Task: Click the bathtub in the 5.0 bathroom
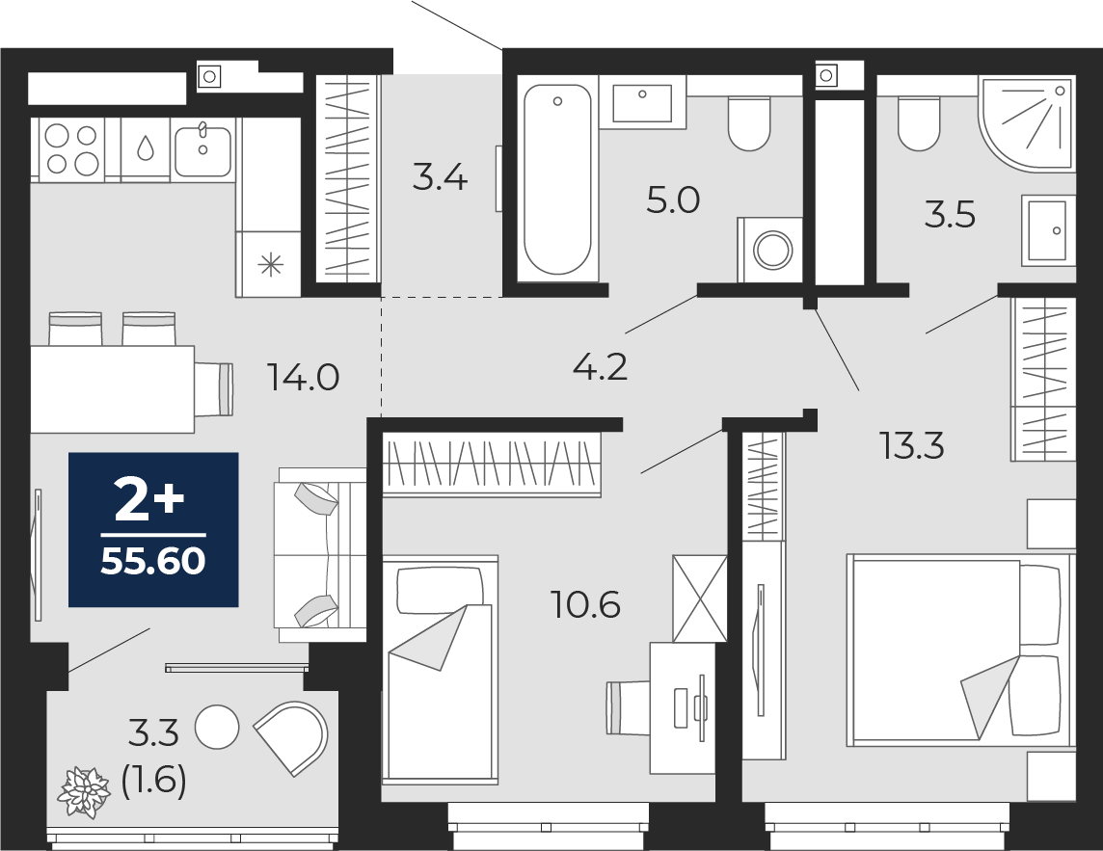[556, 180]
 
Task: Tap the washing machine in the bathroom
[771, 250]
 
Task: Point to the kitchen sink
[202, 149]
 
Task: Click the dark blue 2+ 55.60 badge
[153, 529]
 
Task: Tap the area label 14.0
[303, 378]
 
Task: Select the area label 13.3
[910, 445]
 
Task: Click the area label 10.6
[584, 605]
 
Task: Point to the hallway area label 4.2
[600, 366]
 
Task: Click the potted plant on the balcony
[85, 791]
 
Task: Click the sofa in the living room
[320, 554]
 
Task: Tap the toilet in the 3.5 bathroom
[918, 122]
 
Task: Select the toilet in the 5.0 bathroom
[749, 122]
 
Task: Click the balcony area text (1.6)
[153, 780]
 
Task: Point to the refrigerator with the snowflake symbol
[271, 263]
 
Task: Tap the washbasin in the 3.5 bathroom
[1047, 230]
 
